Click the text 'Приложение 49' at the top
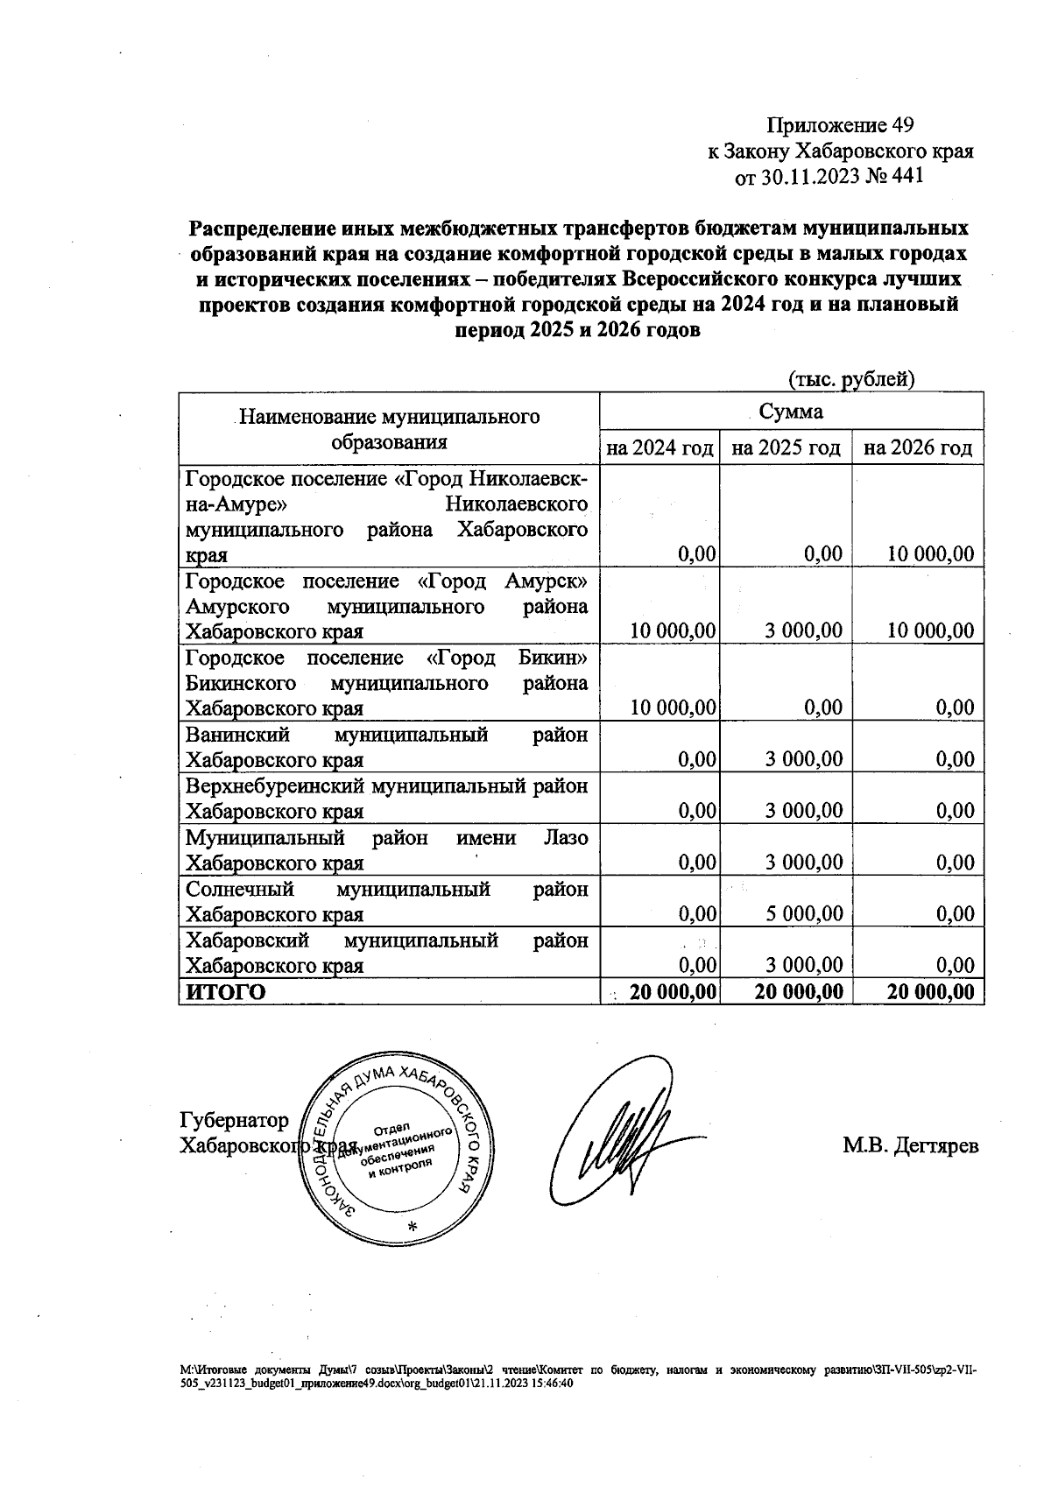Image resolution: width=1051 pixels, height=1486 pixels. click(840, 125)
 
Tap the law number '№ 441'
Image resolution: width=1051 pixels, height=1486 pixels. click(893, 177)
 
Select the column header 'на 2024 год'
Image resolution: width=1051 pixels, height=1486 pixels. click(659, 448)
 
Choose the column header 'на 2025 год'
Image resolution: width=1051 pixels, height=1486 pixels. click(786, 448)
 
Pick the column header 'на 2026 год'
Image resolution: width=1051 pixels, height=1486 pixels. click(917, 448)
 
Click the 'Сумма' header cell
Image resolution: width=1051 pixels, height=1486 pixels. click(790, 412)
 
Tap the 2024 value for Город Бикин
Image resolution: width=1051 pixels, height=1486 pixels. click(673, 708)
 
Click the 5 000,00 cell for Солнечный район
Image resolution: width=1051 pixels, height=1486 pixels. click(803, 914)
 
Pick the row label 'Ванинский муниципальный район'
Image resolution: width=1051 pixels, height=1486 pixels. click(385, 747)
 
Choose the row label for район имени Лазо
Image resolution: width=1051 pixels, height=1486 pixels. click(385, 850)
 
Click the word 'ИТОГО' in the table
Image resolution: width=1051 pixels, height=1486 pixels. click(225, 991)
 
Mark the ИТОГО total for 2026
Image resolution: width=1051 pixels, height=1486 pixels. click(930, 991)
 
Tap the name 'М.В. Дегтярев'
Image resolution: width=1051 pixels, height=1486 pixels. click(911, 1145)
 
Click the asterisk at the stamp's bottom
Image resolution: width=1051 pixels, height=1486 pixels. click(413, 1226)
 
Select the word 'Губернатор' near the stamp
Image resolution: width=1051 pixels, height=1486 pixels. click(234, 1121)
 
